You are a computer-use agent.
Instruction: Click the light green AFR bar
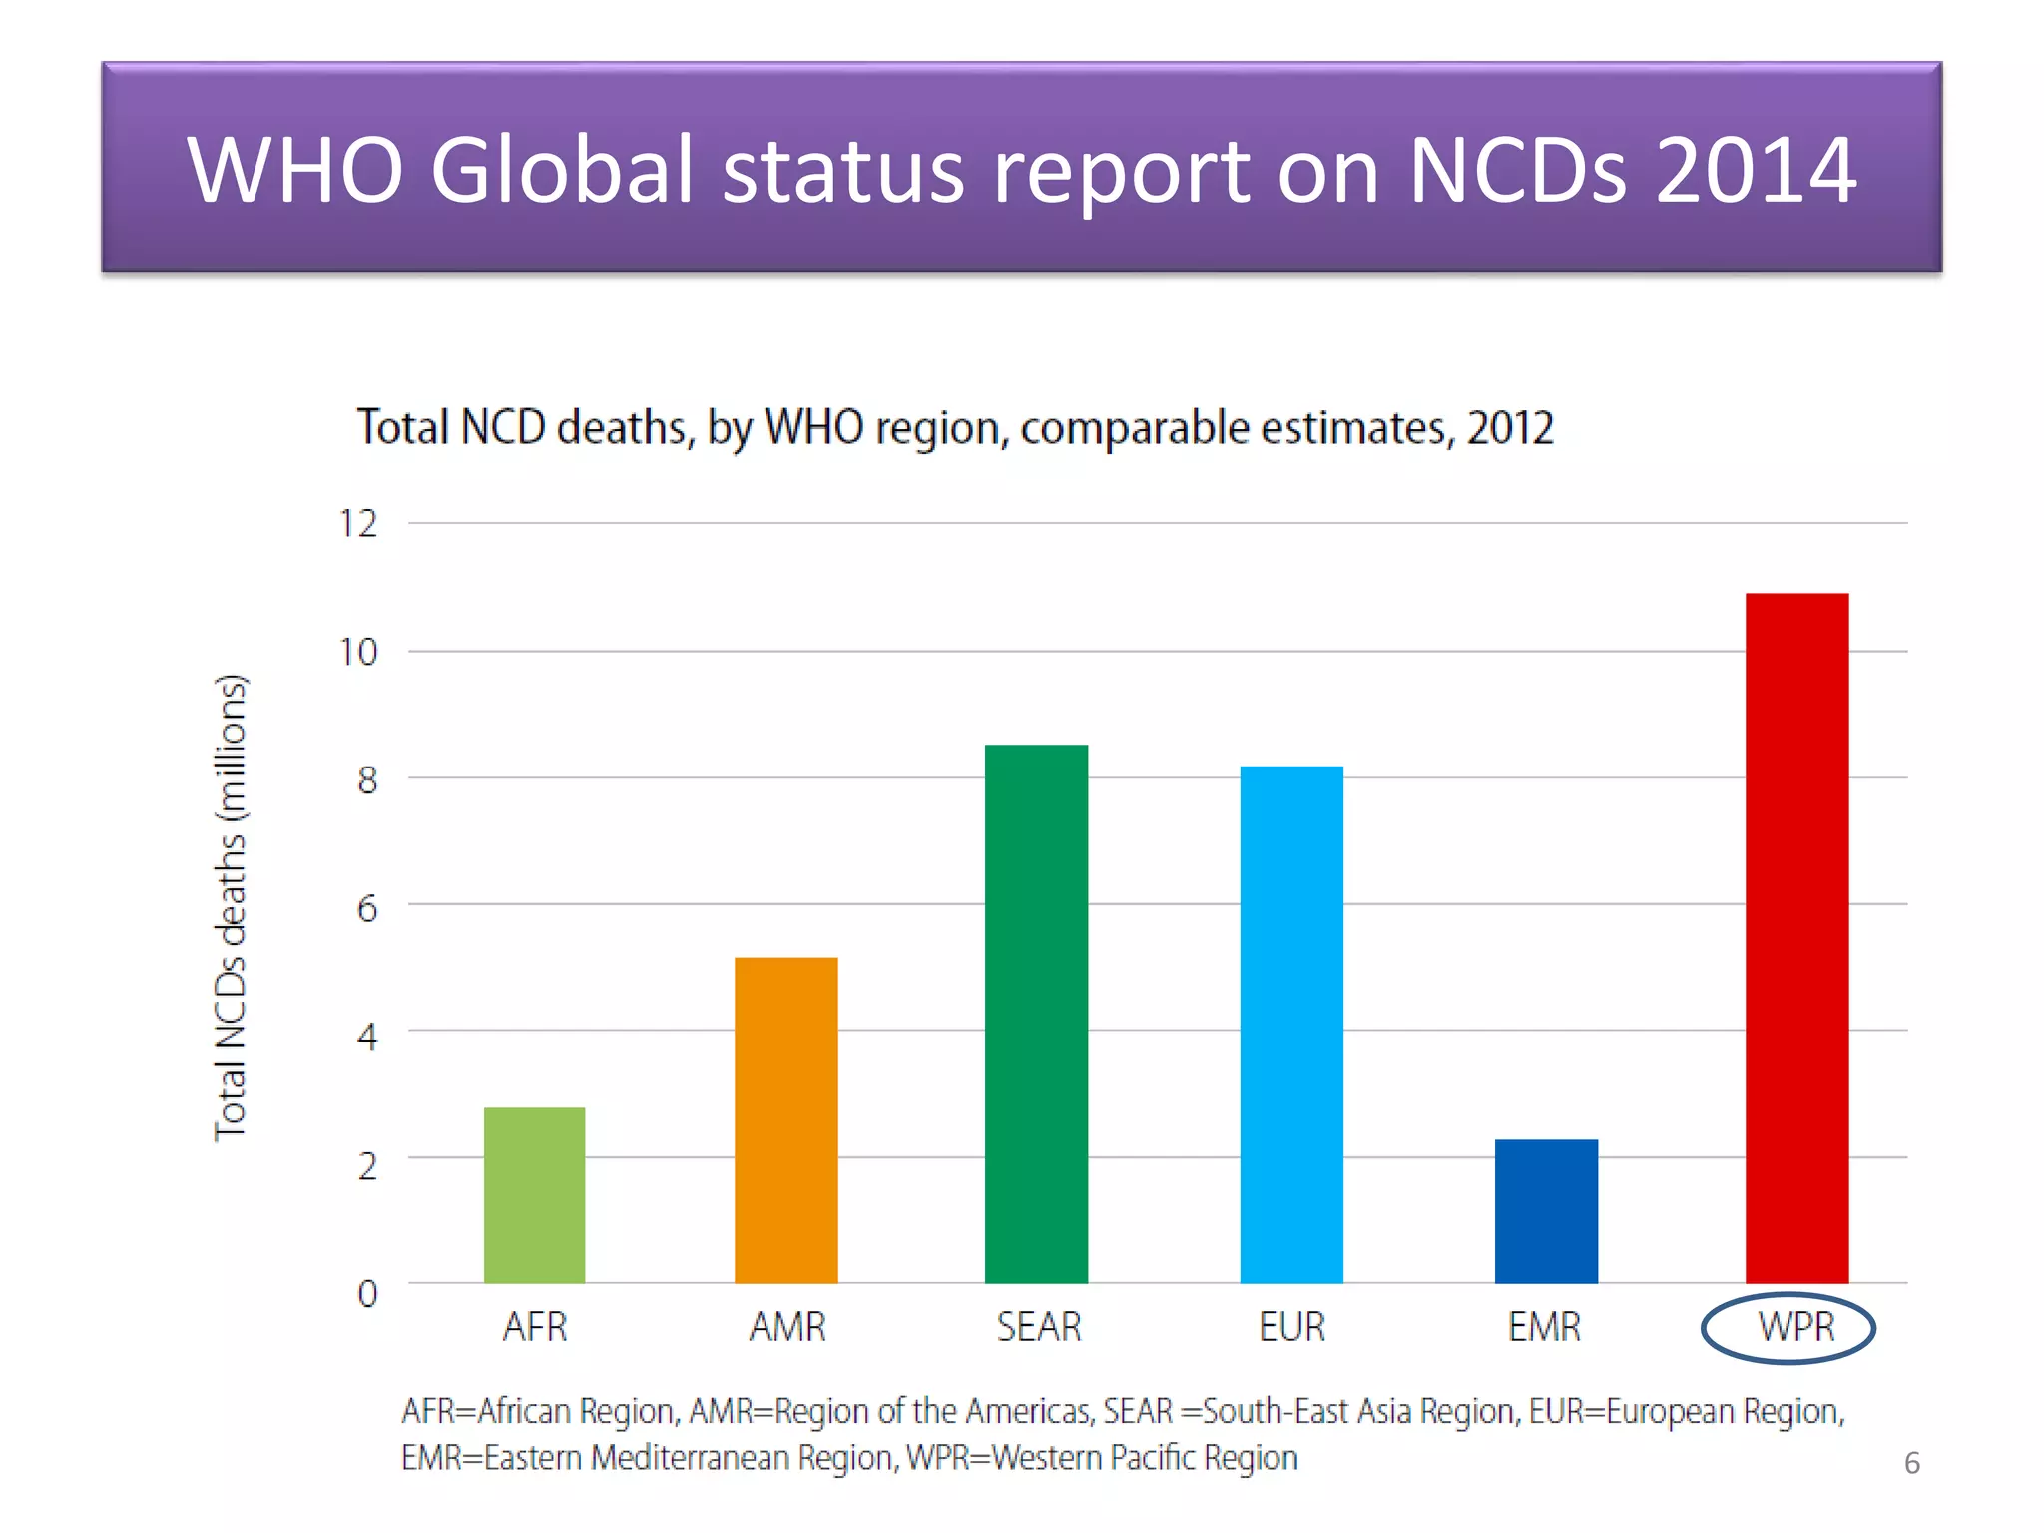pyautogui.click(x=534, y=1195)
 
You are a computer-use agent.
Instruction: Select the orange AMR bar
pyautogui.click(x=785, y=1120)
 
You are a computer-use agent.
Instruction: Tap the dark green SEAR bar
pyautogui.click(x=1036, y=1013)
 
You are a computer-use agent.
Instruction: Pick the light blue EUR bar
pyautogui.click(x=1291, y=1024)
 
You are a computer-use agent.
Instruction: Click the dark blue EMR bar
pyautogui.click(x=1546, y=1211)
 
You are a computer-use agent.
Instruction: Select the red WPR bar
pyautogui.click(x=1796, y=938)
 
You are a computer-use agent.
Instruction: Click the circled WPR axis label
pyautogui.click(x=1794, y=1328)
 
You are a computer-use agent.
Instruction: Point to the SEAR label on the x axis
pyautogui.click(x=1038, y=1328)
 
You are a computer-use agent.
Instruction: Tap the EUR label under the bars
pyautogui.click(x=1291, y=1328)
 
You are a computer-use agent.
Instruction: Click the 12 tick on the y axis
pyautogui.click(x=358, y=524)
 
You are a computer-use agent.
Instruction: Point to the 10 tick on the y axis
pyautogui.click(x=358, y=653)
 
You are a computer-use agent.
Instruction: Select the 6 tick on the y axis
pyautogui.click(x=367, y=908)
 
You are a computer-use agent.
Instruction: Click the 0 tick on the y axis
pyautogui.click(x=367, y=1294)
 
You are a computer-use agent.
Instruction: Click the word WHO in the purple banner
pyautogui.click(x=295, y=170)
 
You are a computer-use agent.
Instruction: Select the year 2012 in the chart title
pyautogui.click(x=1509, y=428)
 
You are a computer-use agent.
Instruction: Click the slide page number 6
pyautogui.click(x=1911, y=1463)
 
